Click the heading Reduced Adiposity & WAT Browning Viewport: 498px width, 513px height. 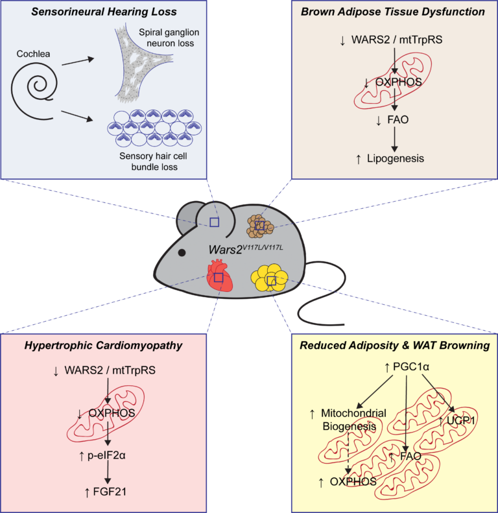394,346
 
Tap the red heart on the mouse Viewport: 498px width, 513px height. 219,276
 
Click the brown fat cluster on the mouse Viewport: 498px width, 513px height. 260,226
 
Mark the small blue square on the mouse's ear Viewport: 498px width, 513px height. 214,222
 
